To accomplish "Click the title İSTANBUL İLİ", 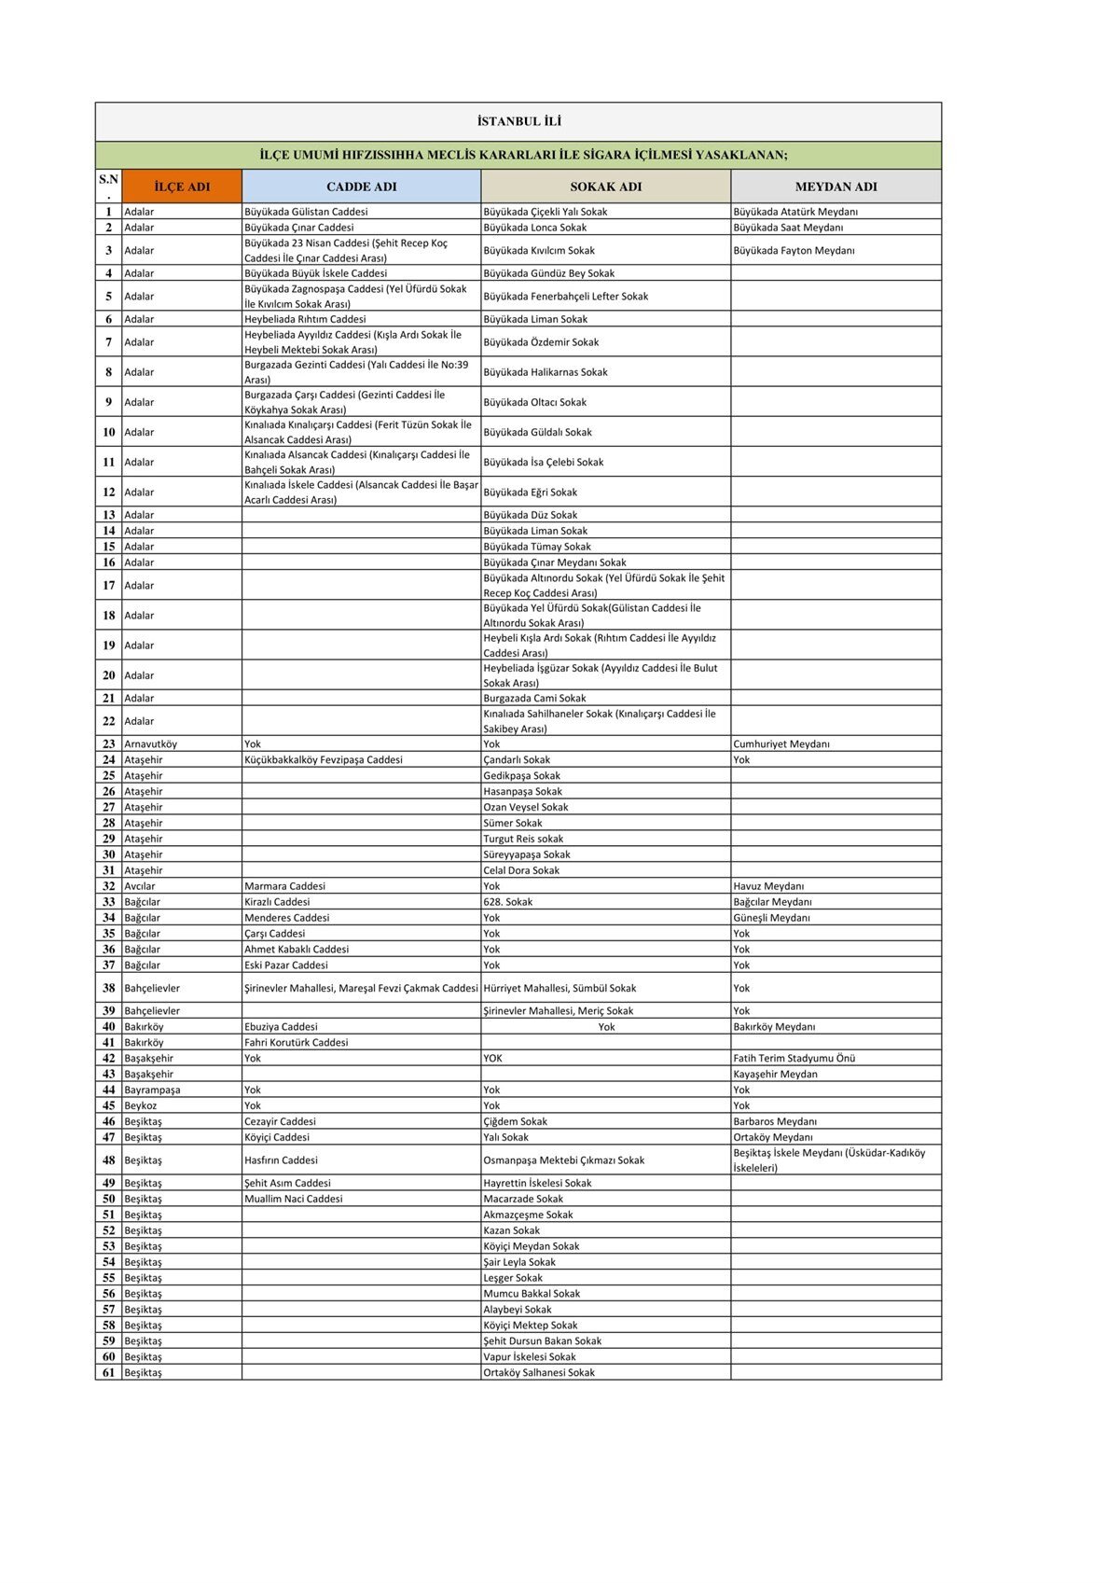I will coord(518,121).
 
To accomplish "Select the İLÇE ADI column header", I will coord(182,187).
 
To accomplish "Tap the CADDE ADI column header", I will coord(362,187).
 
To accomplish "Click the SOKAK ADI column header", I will coord(606,187).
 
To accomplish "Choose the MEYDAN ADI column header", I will coord(836,187).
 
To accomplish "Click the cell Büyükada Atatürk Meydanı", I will coord(795,212).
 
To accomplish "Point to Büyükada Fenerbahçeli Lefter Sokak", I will coord(565,297).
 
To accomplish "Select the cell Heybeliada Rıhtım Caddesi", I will coord(305,319).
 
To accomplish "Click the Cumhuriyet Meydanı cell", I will coord(781,744).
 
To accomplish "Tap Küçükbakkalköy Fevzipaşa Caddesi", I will coord(324,760).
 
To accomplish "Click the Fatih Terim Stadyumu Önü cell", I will coord(794,1059).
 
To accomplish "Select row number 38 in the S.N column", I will coord(109,988).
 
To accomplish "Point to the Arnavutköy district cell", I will coord(150,744).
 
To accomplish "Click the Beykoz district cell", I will coord(141,1106).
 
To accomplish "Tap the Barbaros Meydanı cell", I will coord(774,1122).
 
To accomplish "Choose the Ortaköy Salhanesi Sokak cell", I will coord(539,1373).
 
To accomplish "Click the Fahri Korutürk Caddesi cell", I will coord(297,1043).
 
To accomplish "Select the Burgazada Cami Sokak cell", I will coord(534,699).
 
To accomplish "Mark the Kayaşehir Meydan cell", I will coord(775,1075).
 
